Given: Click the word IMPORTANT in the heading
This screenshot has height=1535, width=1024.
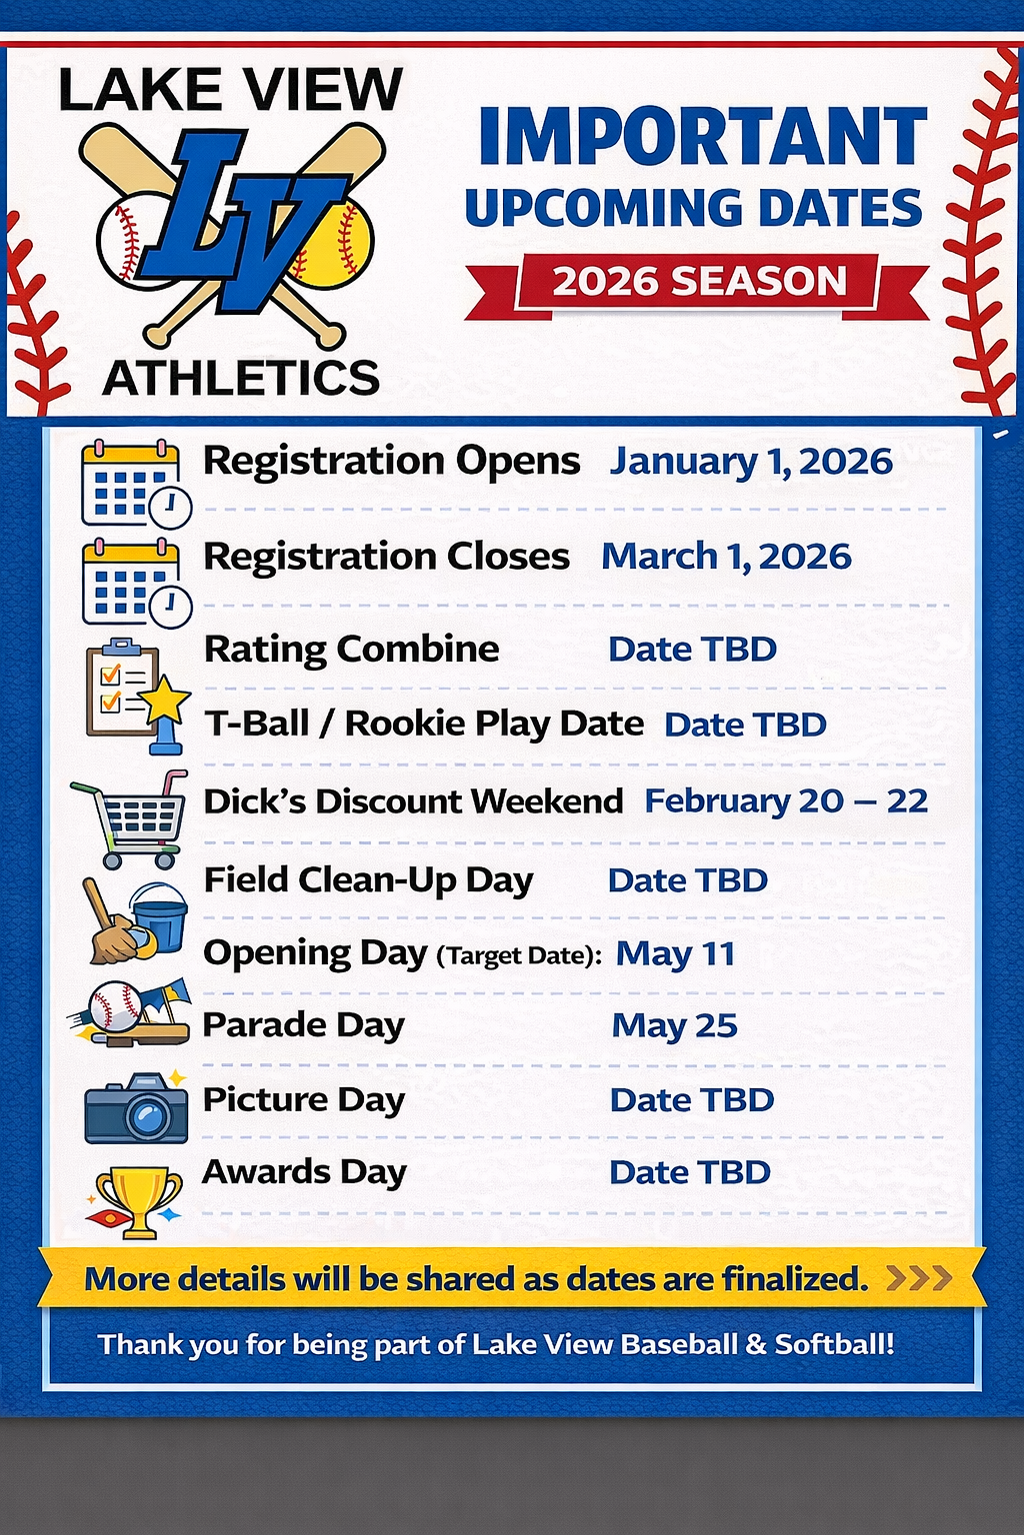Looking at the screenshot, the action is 703,136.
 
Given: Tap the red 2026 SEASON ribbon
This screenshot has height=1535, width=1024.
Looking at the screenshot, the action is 697,283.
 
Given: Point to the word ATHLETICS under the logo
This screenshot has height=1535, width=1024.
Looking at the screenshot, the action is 241,378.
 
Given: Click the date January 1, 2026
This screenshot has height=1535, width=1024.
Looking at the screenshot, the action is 751,462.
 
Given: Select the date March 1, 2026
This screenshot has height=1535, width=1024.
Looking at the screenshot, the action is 726,557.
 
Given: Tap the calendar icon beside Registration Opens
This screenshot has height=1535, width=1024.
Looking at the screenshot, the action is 136,484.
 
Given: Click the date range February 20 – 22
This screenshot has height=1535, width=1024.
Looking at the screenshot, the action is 786,801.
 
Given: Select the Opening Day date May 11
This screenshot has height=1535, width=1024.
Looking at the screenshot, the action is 676,954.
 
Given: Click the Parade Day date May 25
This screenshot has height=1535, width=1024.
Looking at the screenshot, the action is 674,1026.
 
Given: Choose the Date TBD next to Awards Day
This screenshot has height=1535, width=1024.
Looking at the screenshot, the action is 690,1172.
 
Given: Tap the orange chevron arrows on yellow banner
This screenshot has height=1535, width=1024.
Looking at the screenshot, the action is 919,1278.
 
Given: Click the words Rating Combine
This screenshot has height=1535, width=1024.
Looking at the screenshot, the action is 352,649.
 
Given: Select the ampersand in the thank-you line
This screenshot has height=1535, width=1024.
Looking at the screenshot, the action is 754,1344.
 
